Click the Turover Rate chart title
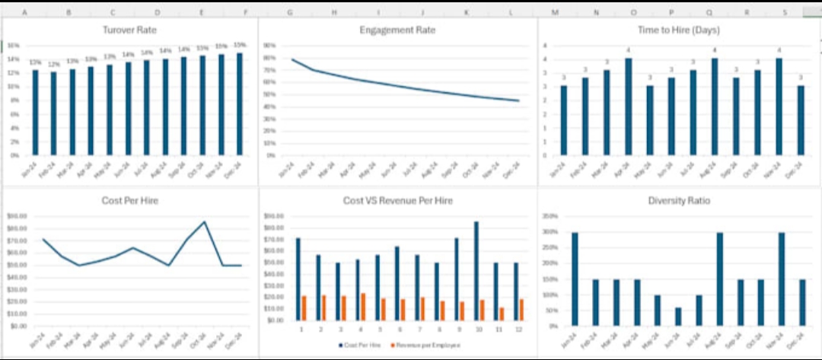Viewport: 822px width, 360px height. pyautogui.click(x=130, y=30)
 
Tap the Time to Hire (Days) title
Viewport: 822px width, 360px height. pyautogui.click(x=679, y=30)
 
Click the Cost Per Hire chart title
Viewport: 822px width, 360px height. pyautogui.click(x=130, y=201)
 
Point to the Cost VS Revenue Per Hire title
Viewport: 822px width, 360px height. pyautogui.click(x=397, y=201)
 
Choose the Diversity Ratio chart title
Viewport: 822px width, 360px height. pyautogui.click(x=679, y=201)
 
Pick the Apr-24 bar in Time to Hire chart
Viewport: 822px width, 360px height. pyautogui.click(x=628, y=107)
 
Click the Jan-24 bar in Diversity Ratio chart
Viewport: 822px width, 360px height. pyautogui.click(x=575, y=279)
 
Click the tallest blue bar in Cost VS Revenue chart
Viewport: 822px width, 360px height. pyautogui.click(x=476, y=271)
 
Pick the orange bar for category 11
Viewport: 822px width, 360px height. pyautogui.click(x=501, y=314)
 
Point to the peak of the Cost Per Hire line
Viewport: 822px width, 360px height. pyautogui.click(x=204, y=222)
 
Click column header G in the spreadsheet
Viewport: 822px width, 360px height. pyautogui.click(x=290, y=13)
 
